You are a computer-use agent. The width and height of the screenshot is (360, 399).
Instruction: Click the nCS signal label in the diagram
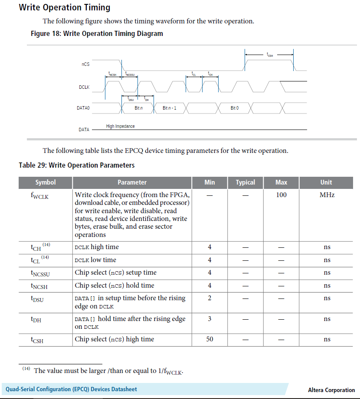[85, 65]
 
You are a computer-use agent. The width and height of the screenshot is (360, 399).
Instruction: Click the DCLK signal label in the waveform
[84, 88]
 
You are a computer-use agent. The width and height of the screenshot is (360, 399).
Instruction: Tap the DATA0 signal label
[83, 108]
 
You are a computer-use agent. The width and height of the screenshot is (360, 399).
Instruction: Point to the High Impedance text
[120, 127]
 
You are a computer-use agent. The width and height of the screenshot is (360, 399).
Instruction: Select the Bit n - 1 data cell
[169, 108]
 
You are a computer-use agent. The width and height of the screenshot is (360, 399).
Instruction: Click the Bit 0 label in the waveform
[234, 108]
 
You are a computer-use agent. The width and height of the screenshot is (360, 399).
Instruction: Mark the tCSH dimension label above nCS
[270, 55]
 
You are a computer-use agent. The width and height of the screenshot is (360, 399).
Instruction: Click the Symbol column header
[46, 182]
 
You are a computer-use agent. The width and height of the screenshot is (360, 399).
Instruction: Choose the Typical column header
[245, 182]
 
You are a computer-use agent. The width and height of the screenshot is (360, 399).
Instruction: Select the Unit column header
[326, 182]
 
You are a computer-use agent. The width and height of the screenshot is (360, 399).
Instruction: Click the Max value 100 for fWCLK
[281, 195]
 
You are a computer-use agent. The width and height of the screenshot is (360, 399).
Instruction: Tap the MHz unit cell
[327, 195]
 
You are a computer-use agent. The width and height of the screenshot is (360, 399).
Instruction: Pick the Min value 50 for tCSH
[209, 339]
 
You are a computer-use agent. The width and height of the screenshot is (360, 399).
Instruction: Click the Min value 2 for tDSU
[209, 298]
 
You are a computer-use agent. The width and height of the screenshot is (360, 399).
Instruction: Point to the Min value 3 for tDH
[209, 319]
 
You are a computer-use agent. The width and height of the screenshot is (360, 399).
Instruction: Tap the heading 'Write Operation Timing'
[65, 7]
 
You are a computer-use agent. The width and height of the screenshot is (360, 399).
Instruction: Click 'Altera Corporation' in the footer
[331, 390]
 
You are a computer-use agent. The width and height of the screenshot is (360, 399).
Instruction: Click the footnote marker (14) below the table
[26, 369]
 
